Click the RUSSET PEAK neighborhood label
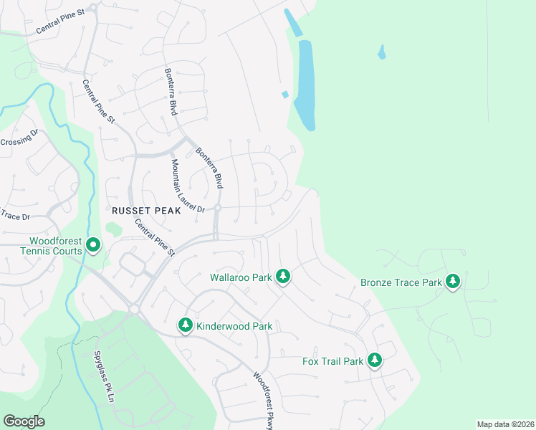[138, 210]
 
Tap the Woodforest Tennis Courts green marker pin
[93, 246]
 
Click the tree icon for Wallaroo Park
[283, 276]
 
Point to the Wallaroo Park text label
[241, 276]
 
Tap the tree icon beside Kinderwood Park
[186, 325]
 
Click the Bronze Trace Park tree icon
[452, 282]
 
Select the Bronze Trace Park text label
[401, 282]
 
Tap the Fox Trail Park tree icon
[374, 360]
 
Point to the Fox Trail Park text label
[332, 361]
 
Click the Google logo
[24, 421]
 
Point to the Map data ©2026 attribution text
[504, 424]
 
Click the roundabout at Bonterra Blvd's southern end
[218, 208]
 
